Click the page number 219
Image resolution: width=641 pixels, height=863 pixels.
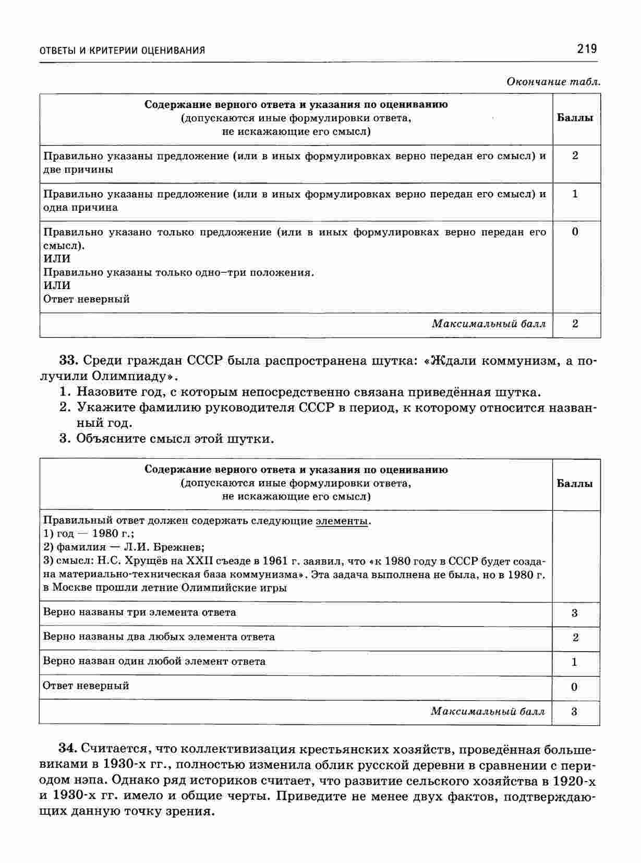point(586,49)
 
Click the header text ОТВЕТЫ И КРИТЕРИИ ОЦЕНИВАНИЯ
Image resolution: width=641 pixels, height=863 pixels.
point(123,51)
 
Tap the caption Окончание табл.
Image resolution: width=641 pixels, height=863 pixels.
point(554,82)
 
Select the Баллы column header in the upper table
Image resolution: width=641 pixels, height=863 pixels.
point(575,118)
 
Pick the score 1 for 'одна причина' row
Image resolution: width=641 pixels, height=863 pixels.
point(575,194)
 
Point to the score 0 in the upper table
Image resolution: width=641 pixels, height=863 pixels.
point(575,232)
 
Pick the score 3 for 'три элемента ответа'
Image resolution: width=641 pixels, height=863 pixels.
point(574,613)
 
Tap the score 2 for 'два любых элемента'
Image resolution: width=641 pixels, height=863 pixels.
point(575,638)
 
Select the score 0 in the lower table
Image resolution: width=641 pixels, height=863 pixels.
point(574,687)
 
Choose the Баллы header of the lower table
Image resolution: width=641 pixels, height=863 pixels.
point(575,484)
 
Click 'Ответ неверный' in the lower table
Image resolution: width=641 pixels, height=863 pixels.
point(86,686)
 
